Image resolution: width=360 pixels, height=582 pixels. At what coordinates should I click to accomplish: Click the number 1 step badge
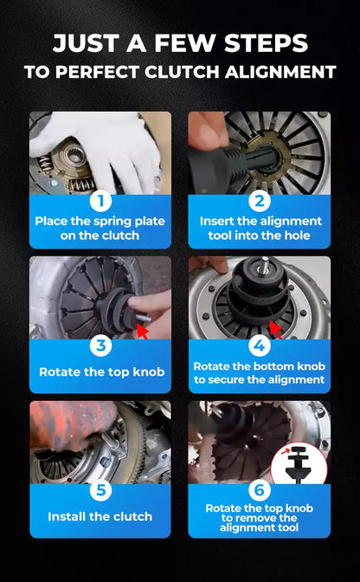[100, 201]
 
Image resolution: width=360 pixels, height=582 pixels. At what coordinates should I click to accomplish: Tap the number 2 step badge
[259, 201]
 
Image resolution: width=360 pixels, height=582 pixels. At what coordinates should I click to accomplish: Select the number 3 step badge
[100, 346]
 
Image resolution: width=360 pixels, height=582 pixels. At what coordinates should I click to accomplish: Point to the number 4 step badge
[259, 346]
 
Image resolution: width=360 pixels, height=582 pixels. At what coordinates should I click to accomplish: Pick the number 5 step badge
[100, 490]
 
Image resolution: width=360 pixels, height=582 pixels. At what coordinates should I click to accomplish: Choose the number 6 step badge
[259, 490]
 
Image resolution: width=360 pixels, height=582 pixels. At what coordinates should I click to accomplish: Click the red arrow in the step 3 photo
[143, 331]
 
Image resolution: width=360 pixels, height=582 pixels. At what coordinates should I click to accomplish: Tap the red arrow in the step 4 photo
[275, 330]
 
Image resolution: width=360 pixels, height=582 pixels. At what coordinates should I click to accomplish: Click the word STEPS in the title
[267, 43]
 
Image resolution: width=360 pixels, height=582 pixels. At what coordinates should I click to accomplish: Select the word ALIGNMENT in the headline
[280, 72]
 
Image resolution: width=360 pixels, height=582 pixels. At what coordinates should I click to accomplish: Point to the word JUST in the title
[87, 43]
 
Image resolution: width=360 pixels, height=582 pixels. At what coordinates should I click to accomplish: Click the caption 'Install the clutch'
[100, 516]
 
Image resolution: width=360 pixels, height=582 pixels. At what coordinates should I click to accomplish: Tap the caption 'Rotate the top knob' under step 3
[101, 372]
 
